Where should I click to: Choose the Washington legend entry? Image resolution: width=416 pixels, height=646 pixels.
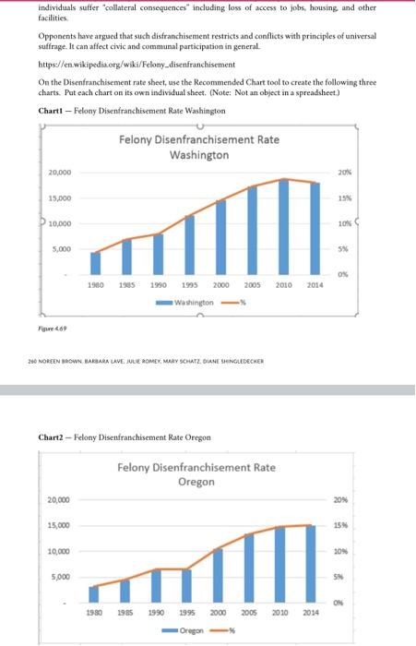click(196, 302)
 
